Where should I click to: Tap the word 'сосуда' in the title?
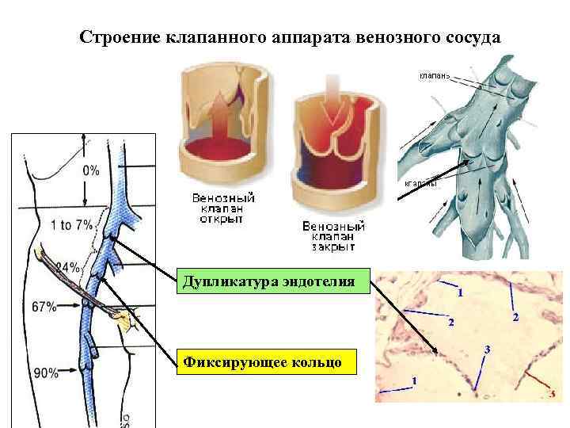click(469, 38)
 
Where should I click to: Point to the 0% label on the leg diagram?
click(90, 170)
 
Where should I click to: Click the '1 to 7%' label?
click(71, 225)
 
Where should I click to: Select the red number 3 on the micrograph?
click(551, 393)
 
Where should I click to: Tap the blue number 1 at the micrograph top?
click(461, 293)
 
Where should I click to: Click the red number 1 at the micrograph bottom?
click(413, 381)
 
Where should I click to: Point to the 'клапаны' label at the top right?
click(433, 77)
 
